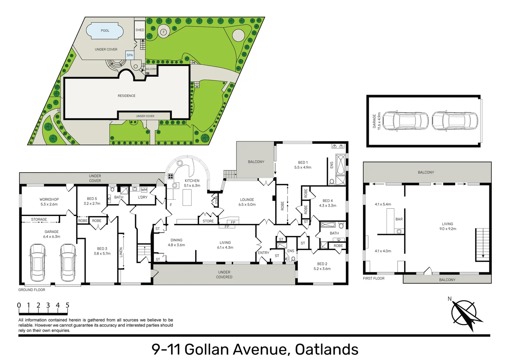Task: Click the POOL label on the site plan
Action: point(105,30)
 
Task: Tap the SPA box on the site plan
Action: point(130,55)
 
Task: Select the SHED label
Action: point(140,30)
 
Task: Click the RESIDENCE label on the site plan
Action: point(127,96)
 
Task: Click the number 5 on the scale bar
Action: point(67,305)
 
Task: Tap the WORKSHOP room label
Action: point(49,199)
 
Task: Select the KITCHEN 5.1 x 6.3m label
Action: point(192,183)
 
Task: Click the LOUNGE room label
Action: point(247,200)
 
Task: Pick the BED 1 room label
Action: point(303,162)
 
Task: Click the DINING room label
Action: point(176,240)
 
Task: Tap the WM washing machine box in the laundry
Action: point(144,190)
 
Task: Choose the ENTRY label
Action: point(264,253)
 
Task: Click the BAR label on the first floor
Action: point(399,219)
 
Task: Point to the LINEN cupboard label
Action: point(121,252)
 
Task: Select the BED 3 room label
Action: point(102,249)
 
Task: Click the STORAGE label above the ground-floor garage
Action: point(39,219)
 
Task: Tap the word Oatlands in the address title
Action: point(327,350)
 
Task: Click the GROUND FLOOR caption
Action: point(32,290)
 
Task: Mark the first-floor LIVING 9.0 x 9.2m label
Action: point(448,226)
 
